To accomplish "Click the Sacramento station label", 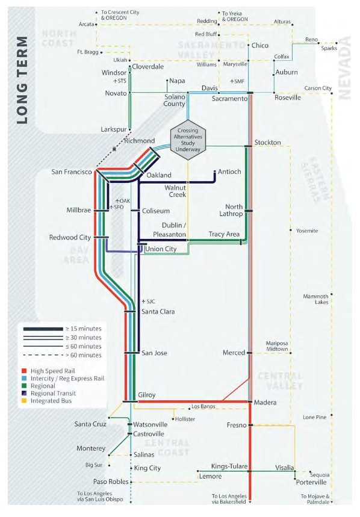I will tap(229, 98).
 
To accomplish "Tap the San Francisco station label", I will tap(71, 172).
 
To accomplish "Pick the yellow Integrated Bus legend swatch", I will tap(25, 398).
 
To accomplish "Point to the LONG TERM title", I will tap(22, 79).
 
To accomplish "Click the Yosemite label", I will tap(307, 231).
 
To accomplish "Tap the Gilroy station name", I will tap(147, 395).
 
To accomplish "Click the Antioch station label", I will tap(229, 172).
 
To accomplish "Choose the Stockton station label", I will tap(267, 142).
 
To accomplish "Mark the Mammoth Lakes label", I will tap(316, 299).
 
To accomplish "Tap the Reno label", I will tap(311, 39).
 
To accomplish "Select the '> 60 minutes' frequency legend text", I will tap(85, 355).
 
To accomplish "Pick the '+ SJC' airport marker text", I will tap(147, 301).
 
